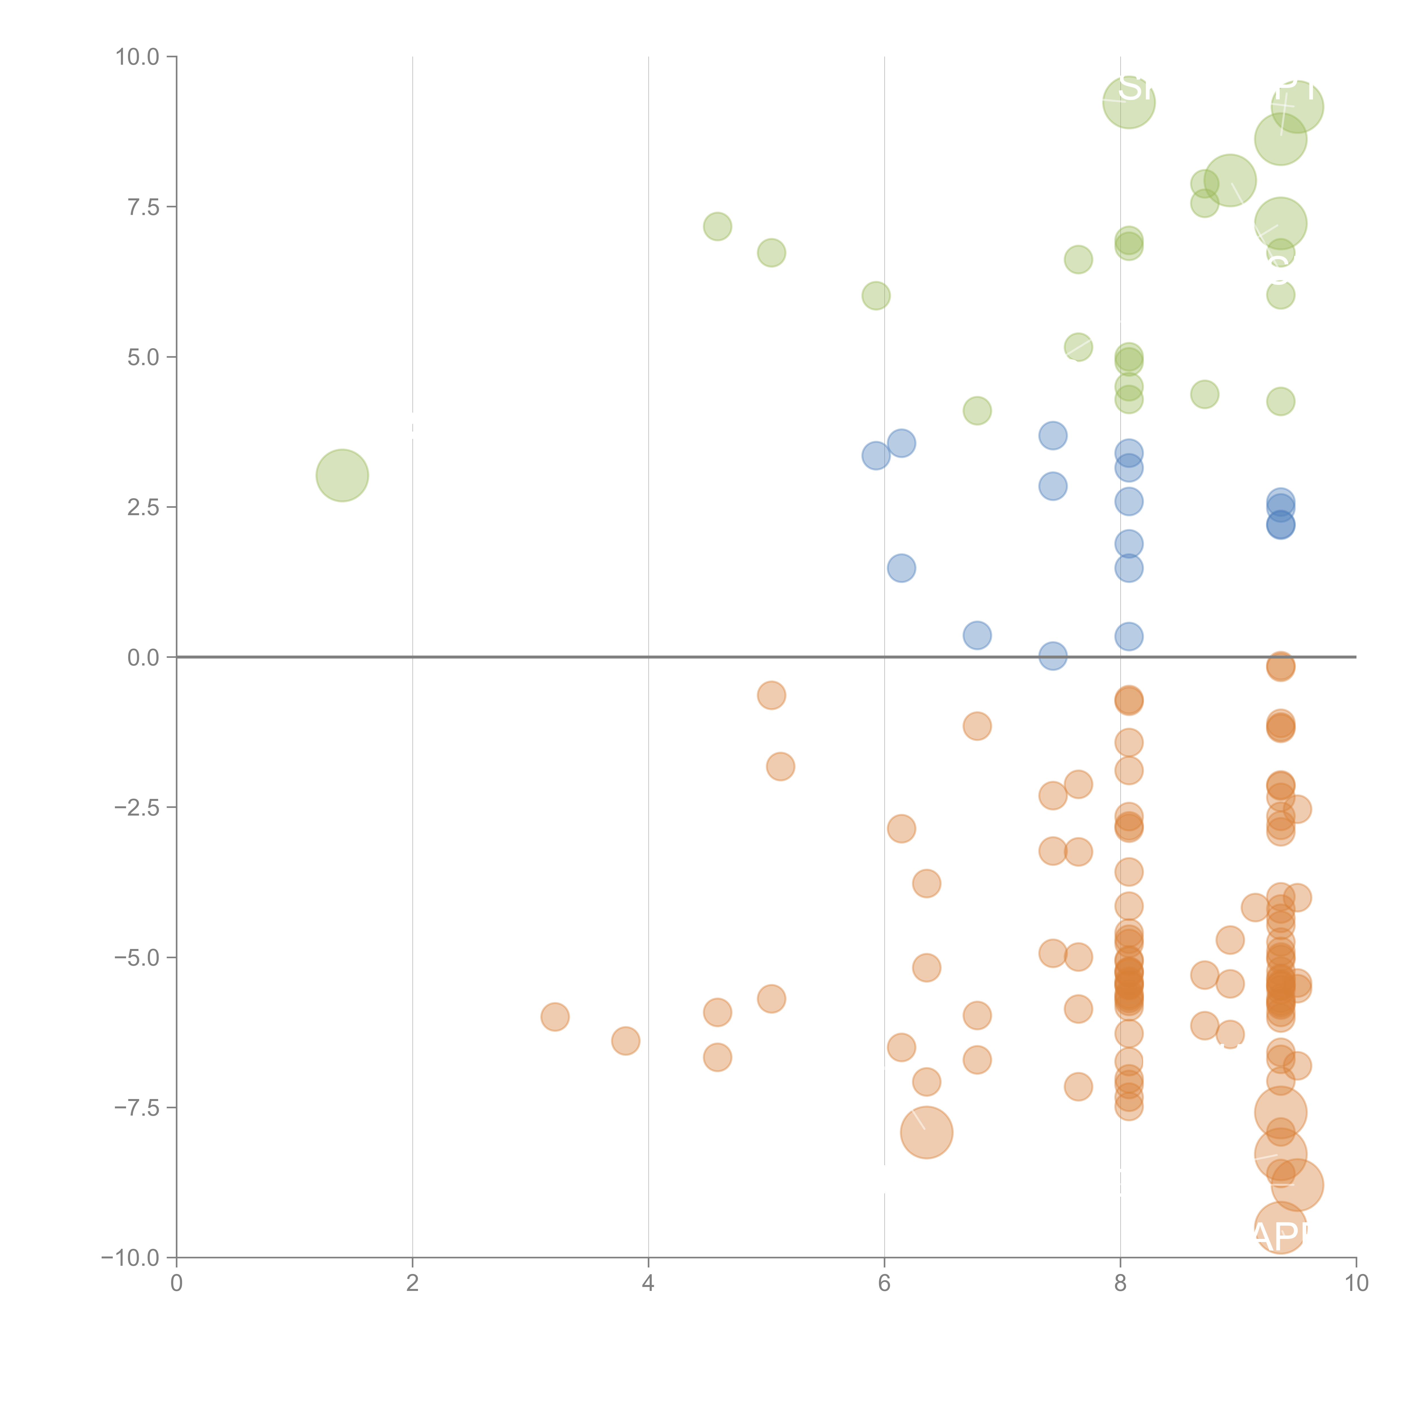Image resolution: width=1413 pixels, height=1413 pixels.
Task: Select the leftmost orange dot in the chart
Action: pos(555,1017)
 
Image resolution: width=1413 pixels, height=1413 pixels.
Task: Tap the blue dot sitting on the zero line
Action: pos(1052,656)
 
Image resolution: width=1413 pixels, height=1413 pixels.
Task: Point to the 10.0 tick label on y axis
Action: pos(138,57)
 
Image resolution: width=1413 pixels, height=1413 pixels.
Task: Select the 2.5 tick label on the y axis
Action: pos(143,507)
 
